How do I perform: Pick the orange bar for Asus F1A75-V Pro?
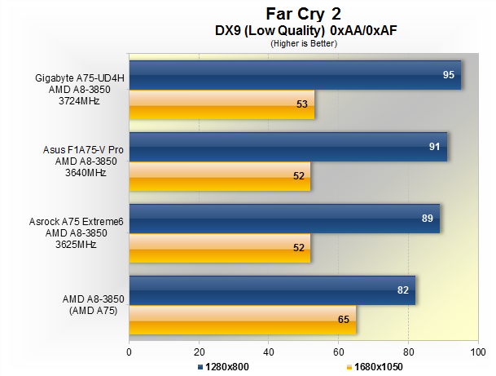pos(220,176)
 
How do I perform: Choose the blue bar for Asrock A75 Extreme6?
pos(284,218)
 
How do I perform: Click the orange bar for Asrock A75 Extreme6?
pos(220,247)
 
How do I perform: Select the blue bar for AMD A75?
pos(272,290)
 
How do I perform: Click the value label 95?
pos(448,75)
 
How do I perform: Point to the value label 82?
pos(402,290)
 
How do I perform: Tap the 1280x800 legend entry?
pos(223,367)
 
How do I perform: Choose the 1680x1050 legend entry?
pos(375,367)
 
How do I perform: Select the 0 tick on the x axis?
pos(129,352)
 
